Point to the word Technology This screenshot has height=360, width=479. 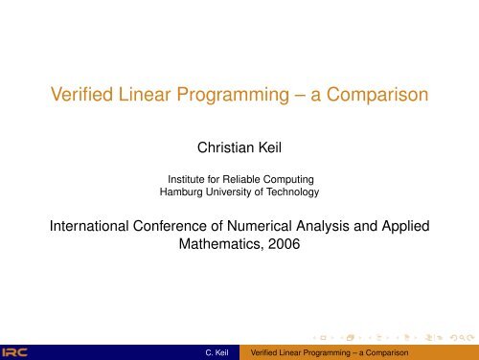tap(293, 192)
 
